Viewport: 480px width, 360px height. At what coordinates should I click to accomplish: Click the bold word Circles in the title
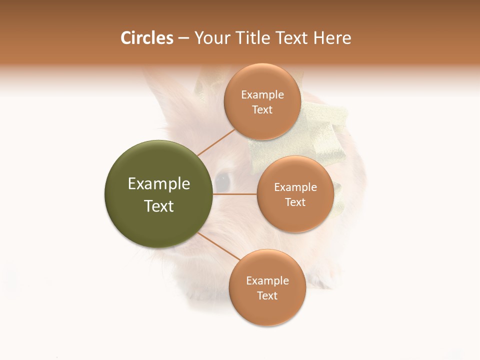click(x=147, y=38)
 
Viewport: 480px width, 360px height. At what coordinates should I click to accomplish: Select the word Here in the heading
click(x=332, y=38)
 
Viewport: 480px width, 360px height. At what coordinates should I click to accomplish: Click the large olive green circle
click(x=158, y=194)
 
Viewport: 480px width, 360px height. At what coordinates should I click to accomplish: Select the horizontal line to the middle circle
click(x=235, y=194)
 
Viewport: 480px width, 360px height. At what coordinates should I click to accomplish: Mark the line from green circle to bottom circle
click(x=218, y=245)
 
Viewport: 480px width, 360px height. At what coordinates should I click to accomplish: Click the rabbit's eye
click(x=222, y=179)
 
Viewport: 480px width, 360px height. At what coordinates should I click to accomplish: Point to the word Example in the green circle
click(x=159, y=184)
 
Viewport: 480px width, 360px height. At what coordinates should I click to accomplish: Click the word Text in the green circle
click(x=159, y=206)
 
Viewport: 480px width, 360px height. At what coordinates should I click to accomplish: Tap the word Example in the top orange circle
click(x=262, y=95)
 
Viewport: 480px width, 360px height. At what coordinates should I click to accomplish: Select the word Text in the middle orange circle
click(x=295, y=202)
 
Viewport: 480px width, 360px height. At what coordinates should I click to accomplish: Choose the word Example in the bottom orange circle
click(x=267, y=281)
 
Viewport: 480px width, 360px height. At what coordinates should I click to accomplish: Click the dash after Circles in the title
click(x=183, y=38)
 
